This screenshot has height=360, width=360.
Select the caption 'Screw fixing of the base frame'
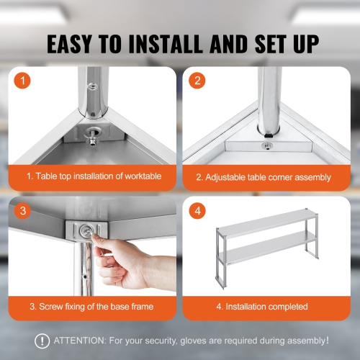point(91,307)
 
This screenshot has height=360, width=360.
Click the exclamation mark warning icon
point(43,341)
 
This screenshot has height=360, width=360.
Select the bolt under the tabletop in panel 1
point(91,134)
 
